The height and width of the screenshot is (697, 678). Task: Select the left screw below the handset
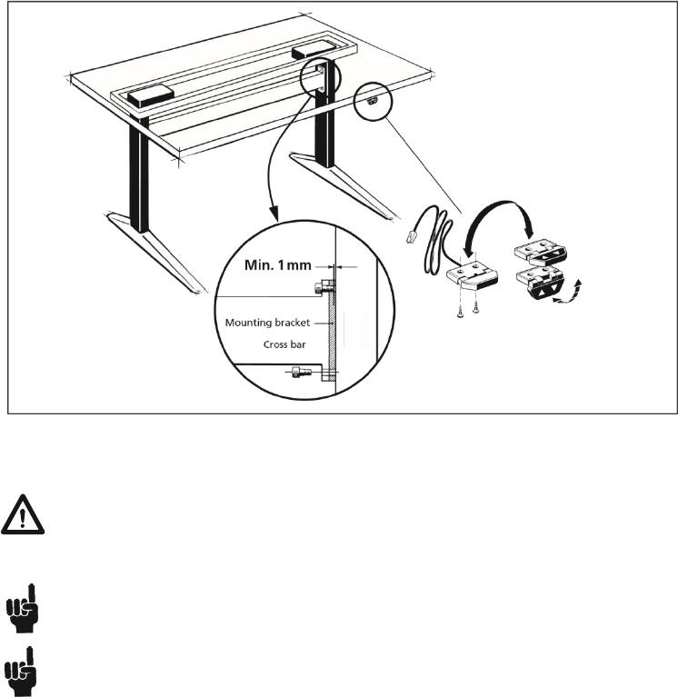(462, 310)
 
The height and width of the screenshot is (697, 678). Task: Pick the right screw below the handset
(475, 310)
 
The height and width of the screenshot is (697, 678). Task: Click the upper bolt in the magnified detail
(319, 288)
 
